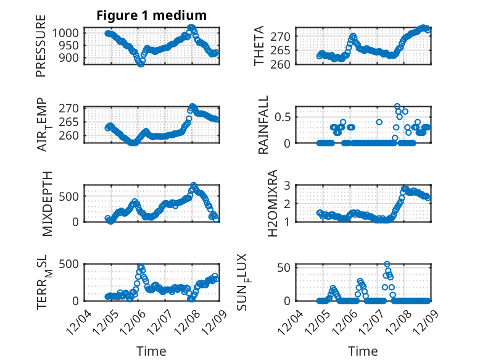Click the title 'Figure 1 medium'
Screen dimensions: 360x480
tap(151, 15)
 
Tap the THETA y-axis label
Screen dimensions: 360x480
tap(259, 46)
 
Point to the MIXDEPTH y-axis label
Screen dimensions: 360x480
tap(48, 203)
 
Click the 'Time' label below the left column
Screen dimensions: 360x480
tap(151, 351)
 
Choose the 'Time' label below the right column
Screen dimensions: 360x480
tap(363, 351)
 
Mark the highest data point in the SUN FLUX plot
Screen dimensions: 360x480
tap(387, 264)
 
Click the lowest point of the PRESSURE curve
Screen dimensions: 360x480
tap(141, 64)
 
